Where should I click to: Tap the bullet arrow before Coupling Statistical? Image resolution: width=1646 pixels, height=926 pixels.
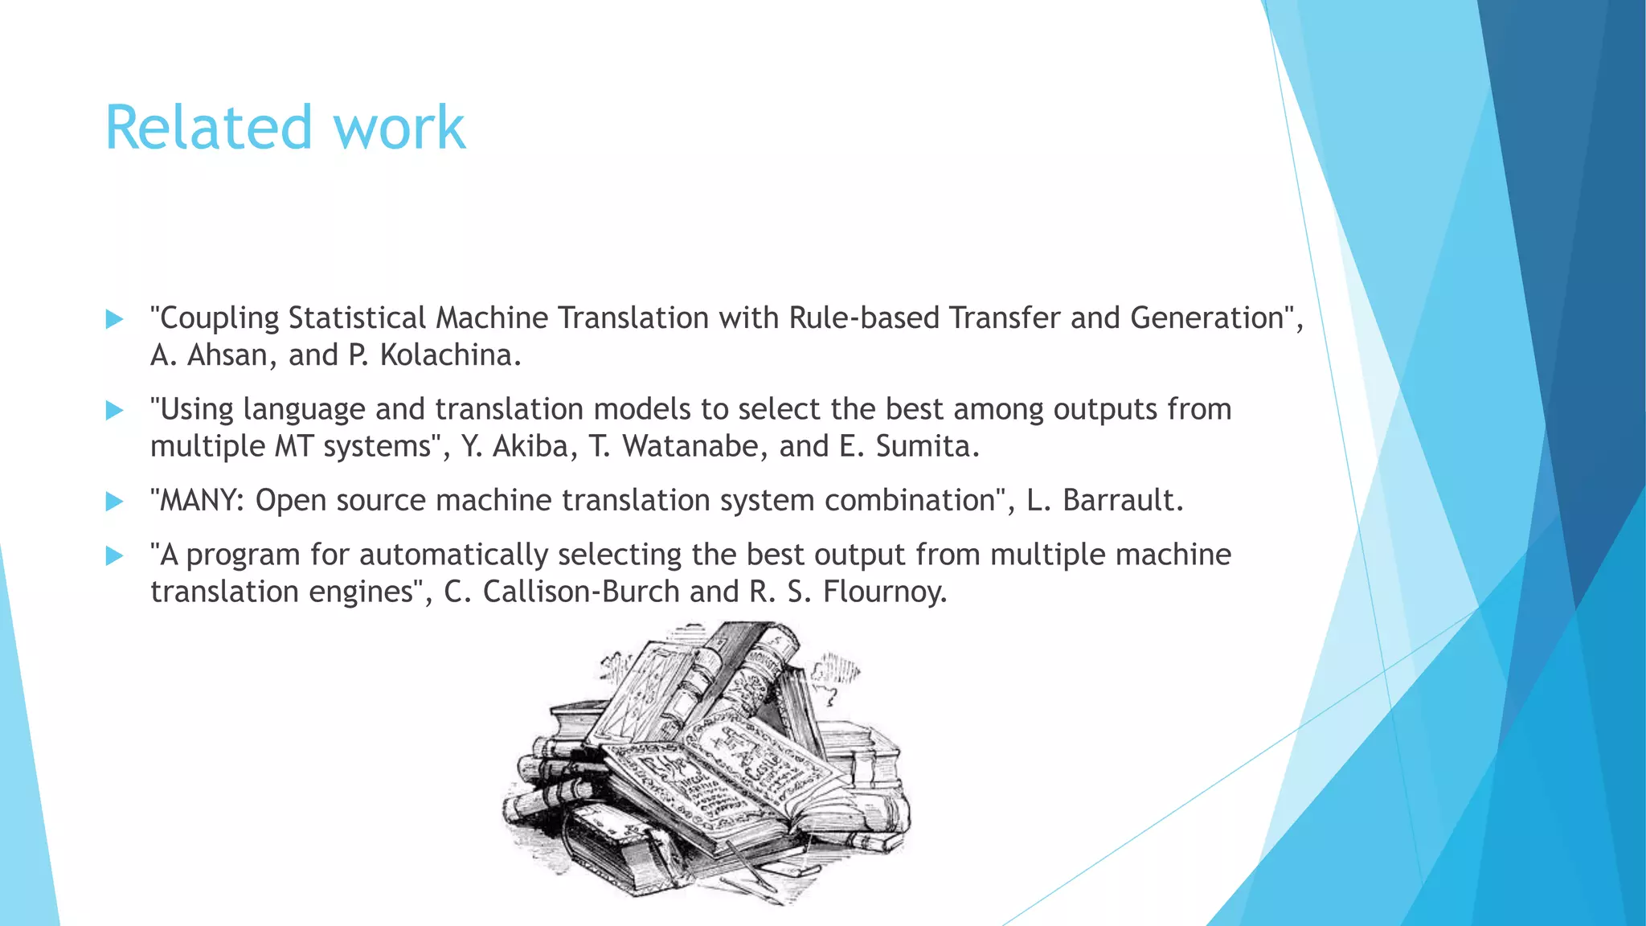(115, 319)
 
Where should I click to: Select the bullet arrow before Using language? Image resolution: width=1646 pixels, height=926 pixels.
(115, 411)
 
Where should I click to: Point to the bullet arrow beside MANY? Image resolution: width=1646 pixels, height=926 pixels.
(115, 502)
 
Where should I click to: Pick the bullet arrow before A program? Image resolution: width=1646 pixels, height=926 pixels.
(115, 555)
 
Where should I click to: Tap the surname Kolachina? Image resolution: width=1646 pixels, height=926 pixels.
(450, 355)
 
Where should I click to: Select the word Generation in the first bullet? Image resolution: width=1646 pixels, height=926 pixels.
(1206, 318)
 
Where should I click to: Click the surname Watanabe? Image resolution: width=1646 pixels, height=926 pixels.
(690, 446)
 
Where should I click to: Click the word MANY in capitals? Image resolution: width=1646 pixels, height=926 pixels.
(201, 501)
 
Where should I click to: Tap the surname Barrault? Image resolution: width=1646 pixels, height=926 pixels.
(1122, 501)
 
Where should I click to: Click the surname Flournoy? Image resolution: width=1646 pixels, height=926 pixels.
(885, 592)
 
